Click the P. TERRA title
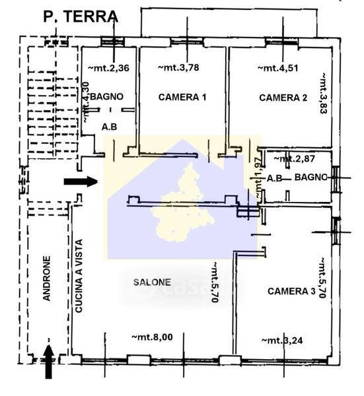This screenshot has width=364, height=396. pos(81,17)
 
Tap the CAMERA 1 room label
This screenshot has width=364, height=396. pos(182,97)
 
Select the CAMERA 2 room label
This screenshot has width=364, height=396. pos(283,98)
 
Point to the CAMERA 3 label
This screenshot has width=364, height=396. pos(291,291)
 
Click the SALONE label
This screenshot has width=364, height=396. pos(152,282)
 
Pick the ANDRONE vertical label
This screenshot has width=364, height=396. pos(47,279)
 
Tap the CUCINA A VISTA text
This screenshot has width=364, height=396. pos(79,276)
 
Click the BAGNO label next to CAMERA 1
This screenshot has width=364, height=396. pos(106,96)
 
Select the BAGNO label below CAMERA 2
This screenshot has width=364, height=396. pos(311,178)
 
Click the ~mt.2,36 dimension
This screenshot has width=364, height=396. pos(109,68)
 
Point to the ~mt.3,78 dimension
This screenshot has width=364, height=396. pos(178,67)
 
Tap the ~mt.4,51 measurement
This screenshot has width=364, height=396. pos(278,68)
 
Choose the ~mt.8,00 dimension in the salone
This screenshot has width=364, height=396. pos(153,337)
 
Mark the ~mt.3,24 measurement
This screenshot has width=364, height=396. pos(282,341)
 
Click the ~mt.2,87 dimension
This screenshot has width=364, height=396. pos(295,158)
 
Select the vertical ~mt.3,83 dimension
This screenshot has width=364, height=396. pos(323,93)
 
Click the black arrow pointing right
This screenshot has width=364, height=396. pos(81,181)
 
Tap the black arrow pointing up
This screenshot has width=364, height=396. pos(49,362)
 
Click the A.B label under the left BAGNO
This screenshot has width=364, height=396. pos(110,127)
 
